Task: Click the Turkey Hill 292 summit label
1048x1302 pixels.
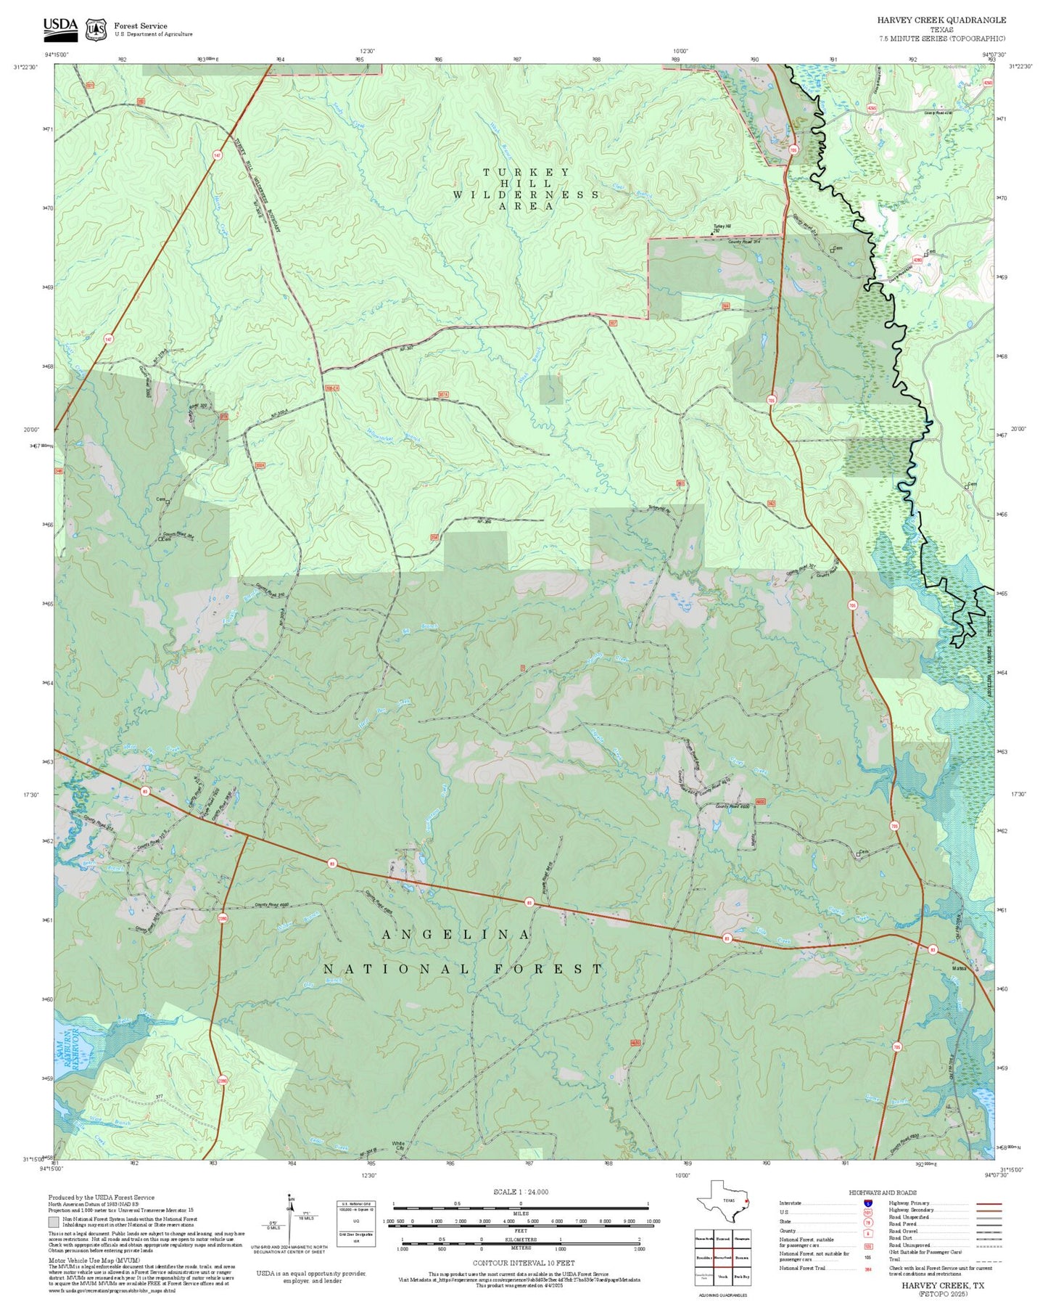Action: pyautogui.click(x=722, y=229)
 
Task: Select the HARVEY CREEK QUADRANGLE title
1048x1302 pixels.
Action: pyautogui.click(x=941, y=20)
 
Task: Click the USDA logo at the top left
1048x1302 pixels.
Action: pyautogui.click(x=60, y=28)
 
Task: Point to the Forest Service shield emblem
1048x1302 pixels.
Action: pyautogui.click(x=95, y=29)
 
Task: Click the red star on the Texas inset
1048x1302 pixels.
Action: pyautogui.click(x=746, y=1200)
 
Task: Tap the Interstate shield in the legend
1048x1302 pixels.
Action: pyautogui.click(x=867, y=1203)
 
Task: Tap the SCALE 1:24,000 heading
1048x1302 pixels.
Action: pyautogui.click(x=521, y=1192)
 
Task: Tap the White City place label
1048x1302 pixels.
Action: pyautogui.click(x=398, y=1146)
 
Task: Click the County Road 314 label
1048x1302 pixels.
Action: pyautogui.click(x=743, y=240)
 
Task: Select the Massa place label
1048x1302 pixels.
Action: pyautogui.click(x=960, y=968)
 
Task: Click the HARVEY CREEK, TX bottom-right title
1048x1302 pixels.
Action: pyautogui.click(x=943, y=1285)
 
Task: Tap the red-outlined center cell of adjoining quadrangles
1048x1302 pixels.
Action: pyautogui.click(x=722, y=1258)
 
